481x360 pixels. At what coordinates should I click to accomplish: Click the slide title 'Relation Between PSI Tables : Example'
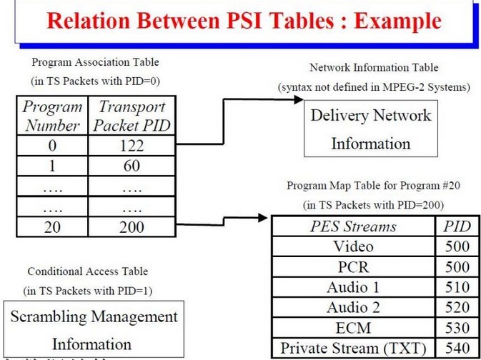pyautogui.click(x=241, y=20)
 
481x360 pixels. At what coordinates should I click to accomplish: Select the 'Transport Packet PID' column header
pyautogui.click(x=132, y=116)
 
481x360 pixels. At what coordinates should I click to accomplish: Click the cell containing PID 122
pyautogui.click(x=132, y=146)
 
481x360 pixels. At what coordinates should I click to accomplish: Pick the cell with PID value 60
pyautogui.click(x=132, y=166)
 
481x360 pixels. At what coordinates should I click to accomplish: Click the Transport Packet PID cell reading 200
pyautogui.click(x=132, y=227)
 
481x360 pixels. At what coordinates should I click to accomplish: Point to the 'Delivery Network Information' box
pyautogui.click(x=370, y=129)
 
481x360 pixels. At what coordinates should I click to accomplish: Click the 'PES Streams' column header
pyautogui.click(x=353, y=227)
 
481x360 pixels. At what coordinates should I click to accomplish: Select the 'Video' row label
pyautogui.click(x=353, y=247)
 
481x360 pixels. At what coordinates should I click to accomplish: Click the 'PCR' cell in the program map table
pyautogui.click(x=353, y=267)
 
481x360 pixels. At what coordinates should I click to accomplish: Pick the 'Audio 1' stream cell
pyautogui.click(x=353, y=288)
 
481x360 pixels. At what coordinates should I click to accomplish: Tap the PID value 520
pyautogui.click(x=456, y=308)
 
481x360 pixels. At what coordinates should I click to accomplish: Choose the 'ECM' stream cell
pyautogui.click(x=353, y=329)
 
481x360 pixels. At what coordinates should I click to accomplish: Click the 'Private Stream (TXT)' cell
pyautogui.click(x=353, y=349)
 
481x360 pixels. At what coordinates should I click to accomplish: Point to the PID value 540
pyautogui.click(x=456, y=349)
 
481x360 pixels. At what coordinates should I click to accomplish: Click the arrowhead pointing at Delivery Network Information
pyautogui.click(x=298, y=101)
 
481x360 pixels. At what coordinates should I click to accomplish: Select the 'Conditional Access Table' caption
pyautogui.click(x=87, y=271)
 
